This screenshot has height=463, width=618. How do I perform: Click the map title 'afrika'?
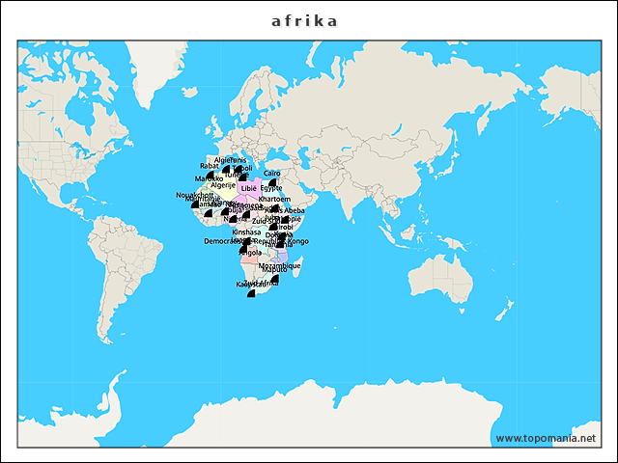[304, 20]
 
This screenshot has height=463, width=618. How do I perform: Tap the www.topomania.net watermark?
[546, 438]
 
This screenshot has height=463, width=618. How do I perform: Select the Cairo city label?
[271, 173]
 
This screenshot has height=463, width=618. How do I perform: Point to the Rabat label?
[210, 166]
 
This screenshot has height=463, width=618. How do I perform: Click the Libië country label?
[249, 188]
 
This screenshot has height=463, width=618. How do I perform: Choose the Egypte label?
[271, 188]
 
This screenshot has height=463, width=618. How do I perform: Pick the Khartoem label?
[274, 199]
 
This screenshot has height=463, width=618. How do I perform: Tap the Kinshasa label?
[246, 232]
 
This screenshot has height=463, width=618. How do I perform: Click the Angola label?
[249, 253]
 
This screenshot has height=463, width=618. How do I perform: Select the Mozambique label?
[280, 265]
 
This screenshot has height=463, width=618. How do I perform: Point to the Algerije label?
[223, 184]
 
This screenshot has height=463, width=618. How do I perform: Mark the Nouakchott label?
[191, 195]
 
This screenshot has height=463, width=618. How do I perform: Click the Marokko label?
[209, 178]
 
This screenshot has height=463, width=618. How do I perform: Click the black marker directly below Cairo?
[272, 181]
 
